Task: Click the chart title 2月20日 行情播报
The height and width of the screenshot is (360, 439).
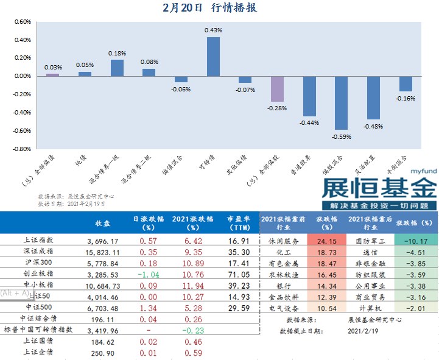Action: [210, 8]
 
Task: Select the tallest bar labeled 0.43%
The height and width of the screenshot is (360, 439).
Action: [213, 56]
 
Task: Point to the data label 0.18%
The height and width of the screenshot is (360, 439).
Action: [117, 54]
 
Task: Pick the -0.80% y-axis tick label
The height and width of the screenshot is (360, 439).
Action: [21, 148]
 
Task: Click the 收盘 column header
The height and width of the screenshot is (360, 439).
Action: [103, 222]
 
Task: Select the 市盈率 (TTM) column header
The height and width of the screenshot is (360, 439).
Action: [239, 222]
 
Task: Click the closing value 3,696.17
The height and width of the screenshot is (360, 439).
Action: [103, 241]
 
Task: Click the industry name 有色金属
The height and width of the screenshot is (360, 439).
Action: [283, 263]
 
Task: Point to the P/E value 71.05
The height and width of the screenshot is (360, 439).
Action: [239, 274]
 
